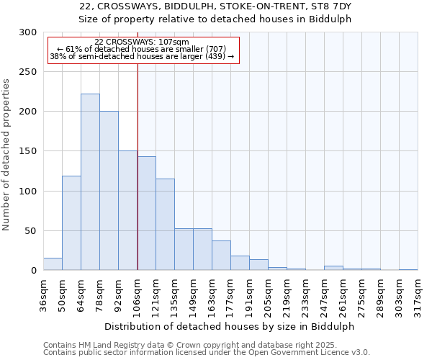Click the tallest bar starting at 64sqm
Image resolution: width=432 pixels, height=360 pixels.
[90, 182]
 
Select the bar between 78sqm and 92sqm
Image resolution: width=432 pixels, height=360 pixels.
[109, 191]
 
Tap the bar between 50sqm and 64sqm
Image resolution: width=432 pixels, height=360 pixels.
[71, 223]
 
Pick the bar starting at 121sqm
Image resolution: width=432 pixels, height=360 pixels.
[165, 225]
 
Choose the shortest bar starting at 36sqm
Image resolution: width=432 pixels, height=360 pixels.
[53, 264]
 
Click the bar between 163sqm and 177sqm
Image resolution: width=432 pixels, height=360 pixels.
[221, 256]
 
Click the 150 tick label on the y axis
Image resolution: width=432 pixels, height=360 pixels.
[28, 152]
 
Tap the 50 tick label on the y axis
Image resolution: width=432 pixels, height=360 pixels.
[31, 231]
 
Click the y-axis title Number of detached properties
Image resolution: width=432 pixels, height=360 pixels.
[7, 155]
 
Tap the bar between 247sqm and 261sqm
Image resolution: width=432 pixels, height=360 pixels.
[333, 268]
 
